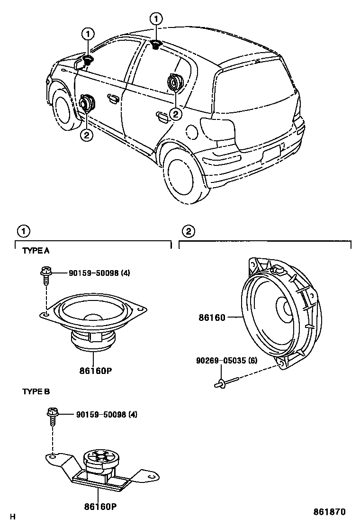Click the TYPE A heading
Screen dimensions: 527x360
click(36, 251)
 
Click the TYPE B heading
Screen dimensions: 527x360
click(36, 391)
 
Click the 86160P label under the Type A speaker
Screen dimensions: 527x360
click(95, 371)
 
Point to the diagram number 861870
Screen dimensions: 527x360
click(329, 512)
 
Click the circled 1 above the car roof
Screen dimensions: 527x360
click(155, 19)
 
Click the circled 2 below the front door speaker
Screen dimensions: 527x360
click(86, 135)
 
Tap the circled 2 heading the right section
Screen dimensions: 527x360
click(189, 231)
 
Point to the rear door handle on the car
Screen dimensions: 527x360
click(162, 116)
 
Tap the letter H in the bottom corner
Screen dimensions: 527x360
click(13, 517)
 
